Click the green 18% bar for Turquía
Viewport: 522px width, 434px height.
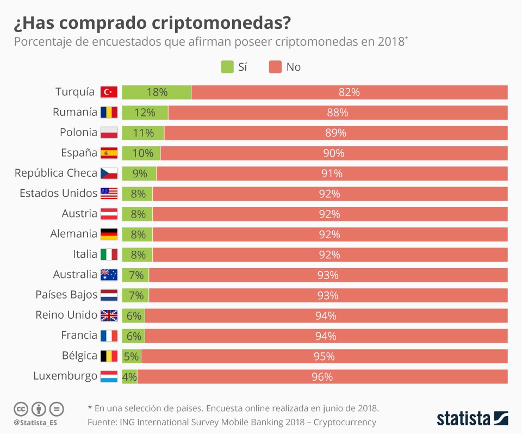pyautogui.click(x=157, y=92)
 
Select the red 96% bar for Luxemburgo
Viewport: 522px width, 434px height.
pyautogui.click(x=322, y=376)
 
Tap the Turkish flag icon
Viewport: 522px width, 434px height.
pyautogui.click(x=109, y=92)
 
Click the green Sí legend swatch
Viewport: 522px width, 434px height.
pyautogui.click(x=227, y=67)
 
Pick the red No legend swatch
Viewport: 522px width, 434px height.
pyautogui.click(x=275, y=67)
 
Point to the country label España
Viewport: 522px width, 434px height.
pyautogui.click(x=79, y=153)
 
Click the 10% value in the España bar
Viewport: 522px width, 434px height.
pyautogui.click(x=142, y=153)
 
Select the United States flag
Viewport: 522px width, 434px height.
pyautogui.click(x=109, y=194)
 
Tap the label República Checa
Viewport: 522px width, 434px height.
pyautogui.click(x=55, y=173)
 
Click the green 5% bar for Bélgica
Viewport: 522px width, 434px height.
pyautogui.click(x=131, y=356)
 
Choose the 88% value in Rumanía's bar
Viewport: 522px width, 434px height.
pyautogui.click(x=338, y=113)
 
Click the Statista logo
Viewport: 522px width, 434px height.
pyautogui.click(x=472, y=418)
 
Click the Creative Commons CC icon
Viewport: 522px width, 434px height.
pyautogui.click(x=21, y=408)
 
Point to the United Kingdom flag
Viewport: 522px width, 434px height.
pyautogui.click(x=109, y=315)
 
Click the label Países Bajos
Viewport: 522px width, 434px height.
pyautogui.click(x=66, y=295)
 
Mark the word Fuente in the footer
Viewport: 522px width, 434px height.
pyautogui.click(x=103, y=422)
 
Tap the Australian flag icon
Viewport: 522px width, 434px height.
pyautogui.click(x=109, y=275)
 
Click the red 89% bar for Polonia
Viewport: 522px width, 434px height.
pyautogui.click(x=335, y=133)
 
